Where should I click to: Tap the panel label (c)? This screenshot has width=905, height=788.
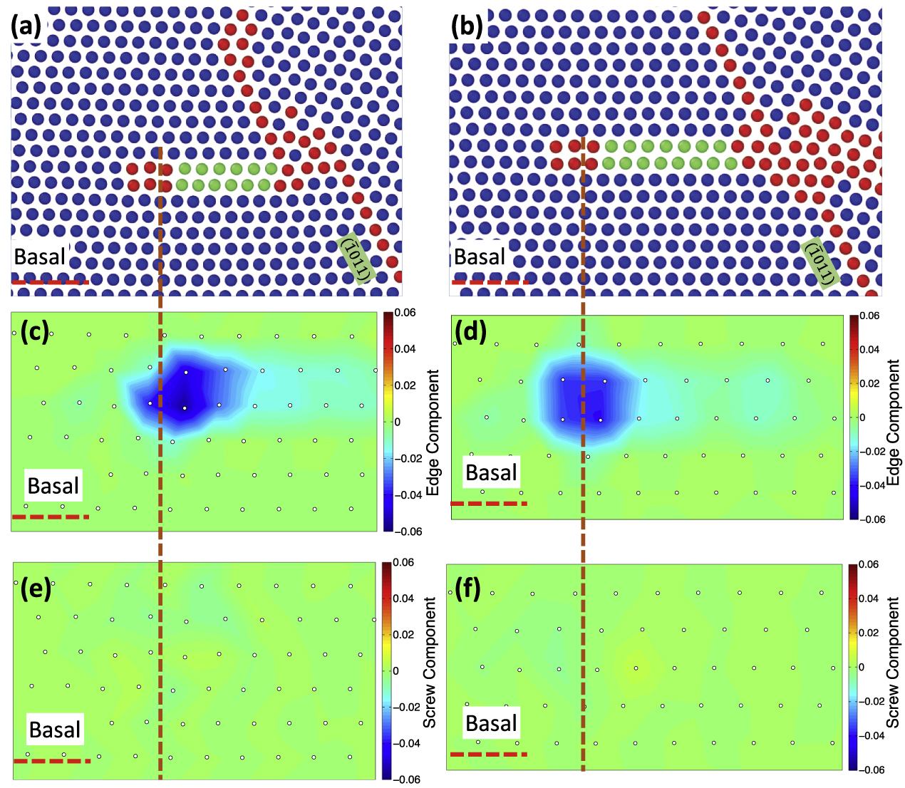coord(34,332)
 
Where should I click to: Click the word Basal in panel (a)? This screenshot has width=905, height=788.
coord(40,257)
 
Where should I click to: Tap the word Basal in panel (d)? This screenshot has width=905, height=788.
coord(491,473)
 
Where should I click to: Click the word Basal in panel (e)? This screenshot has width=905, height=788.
coord(55,730)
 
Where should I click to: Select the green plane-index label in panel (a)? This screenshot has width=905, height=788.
coord(355,259)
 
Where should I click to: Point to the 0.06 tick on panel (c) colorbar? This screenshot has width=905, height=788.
coord(405,313)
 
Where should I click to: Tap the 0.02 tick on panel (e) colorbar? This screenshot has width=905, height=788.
coord(405,635)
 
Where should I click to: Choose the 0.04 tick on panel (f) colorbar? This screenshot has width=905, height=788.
coord(869,598)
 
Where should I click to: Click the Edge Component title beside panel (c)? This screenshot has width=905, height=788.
coord(431,432)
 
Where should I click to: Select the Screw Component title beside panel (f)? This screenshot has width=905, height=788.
coord(894,663)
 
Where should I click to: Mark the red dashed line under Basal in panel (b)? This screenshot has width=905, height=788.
coord(490,282)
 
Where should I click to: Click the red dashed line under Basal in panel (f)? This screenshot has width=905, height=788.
coord(488,754)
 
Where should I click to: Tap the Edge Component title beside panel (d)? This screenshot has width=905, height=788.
coord(894,422)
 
